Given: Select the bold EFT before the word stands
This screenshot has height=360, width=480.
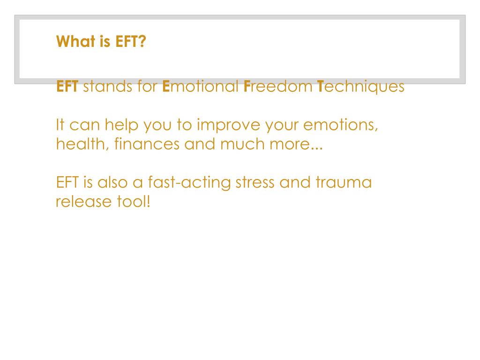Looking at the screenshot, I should [x=67, y=87].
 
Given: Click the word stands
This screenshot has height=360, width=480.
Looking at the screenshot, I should [x=105, y=87].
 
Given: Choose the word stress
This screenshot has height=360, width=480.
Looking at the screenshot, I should [x=255, y=182].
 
